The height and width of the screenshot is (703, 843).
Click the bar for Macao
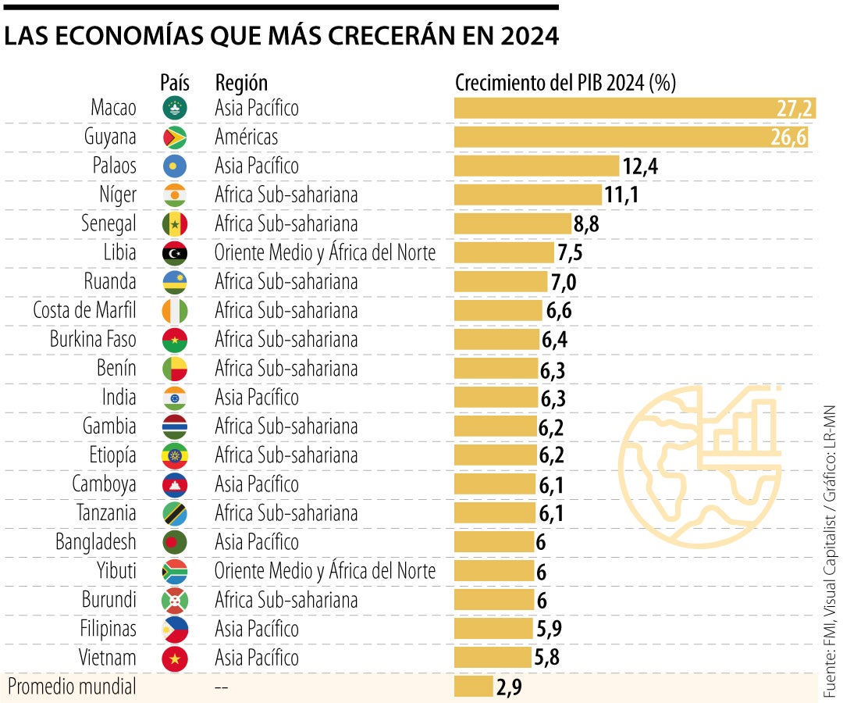(634, 108)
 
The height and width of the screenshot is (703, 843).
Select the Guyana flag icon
(174, 137)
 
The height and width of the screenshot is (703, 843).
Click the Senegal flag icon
(174, 224)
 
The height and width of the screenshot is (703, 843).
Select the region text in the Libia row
(325, 252)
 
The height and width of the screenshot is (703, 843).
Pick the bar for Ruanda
(501, 281)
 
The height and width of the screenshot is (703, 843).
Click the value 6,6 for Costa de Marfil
(560, 311)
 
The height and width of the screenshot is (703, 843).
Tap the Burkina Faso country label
(93, 340)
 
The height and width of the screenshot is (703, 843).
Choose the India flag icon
(174, 398)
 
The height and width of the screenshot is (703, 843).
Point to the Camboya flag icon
(174, 484)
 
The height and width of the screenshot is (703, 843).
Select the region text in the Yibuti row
(325, 571)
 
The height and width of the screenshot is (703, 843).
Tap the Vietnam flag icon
(174, 658)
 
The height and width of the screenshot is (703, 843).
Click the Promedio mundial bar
(473, 687)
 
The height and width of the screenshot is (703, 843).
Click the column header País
(174, 83)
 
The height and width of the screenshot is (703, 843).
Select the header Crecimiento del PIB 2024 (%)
(565, 83)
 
